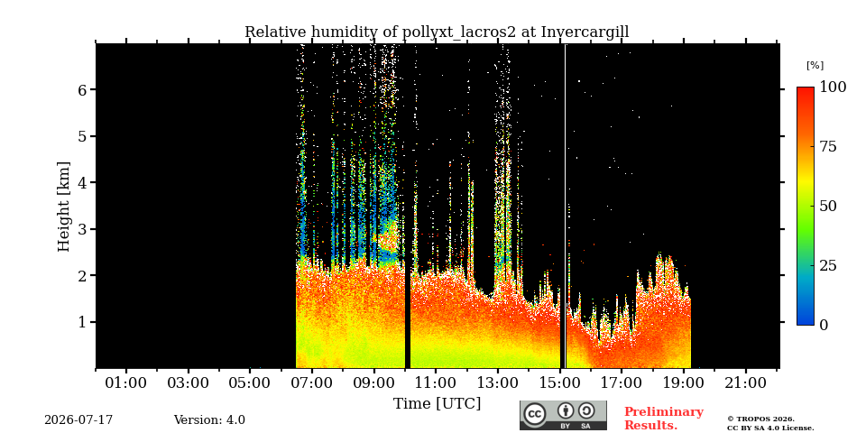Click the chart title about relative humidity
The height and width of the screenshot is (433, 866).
(x=437, y=32)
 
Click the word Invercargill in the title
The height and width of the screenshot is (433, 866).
(x=585, y=32)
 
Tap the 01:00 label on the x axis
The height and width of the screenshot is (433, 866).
(x=126, y=382)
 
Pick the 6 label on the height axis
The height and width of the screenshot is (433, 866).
(x=81, y=89)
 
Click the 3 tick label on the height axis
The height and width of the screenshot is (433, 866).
(x=81, y=229)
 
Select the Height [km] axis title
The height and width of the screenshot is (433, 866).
(x=64, y=207)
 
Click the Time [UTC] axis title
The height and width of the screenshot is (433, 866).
(x=437, y=404)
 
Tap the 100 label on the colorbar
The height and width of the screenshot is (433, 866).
(x=833, y=87)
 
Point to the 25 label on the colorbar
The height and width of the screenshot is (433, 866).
(x=827, y=265)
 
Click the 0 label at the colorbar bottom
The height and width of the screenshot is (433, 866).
(x=824, y=325)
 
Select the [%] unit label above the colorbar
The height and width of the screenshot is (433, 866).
(x=815, y=66)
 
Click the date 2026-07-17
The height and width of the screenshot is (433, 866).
(x=78, y=420)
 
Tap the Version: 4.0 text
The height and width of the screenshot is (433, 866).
(x=209, y=420)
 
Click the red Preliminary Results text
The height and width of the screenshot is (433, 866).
(x=663, y=419)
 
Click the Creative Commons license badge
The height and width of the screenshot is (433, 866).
(x=563, y=415)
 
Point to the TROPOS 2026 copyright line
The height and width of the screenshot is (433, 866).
(x=760, y=419)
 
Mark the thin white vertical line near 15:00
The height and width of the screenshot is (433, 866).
(x=565, y=206)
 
